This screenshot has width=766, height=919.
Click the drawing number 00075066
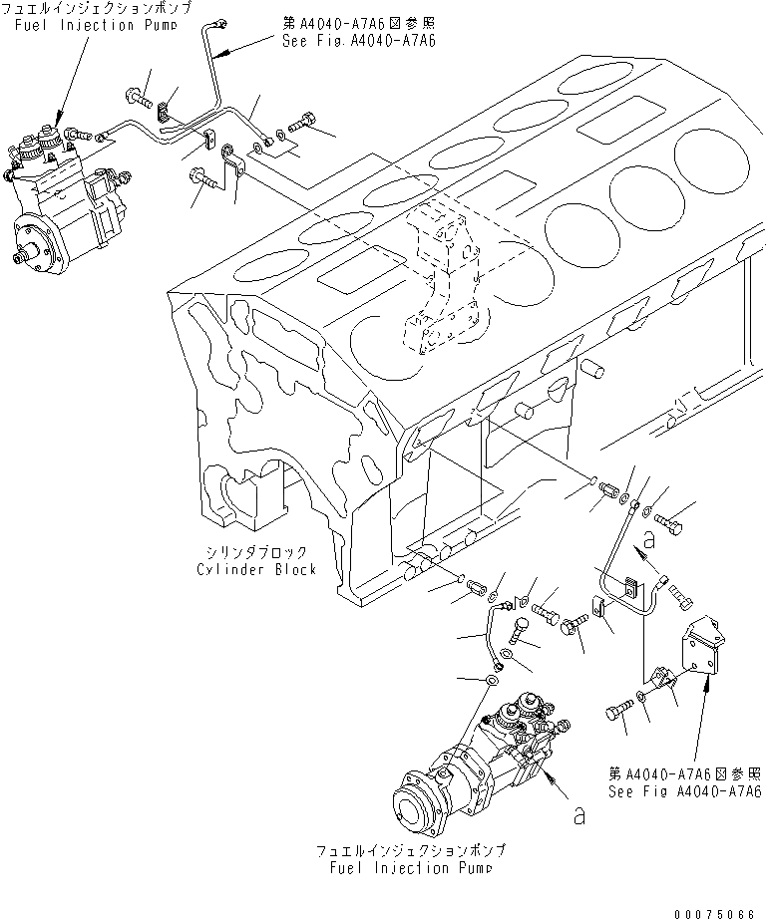[x=715, y=909]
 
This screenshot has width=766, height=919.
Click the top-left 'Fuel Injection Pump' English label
[x=75, y=24]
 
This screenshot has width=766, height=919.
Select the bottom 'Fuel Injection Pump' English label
[x=410, y=867]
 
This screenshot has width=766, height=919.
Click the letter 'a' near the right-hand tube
[x=649, y=540]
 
